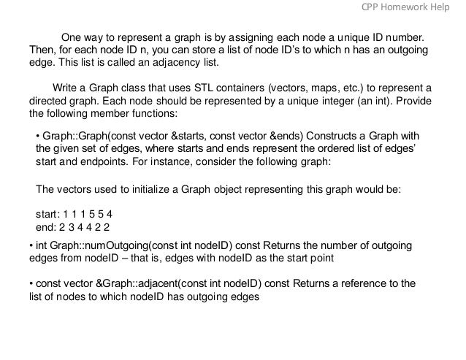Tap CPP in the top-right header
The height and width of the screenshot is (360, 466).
(373, 7)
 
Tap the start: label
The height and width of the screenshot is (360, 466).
(48, 215)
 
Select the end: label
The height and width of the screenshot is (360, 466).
(47, 227)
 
